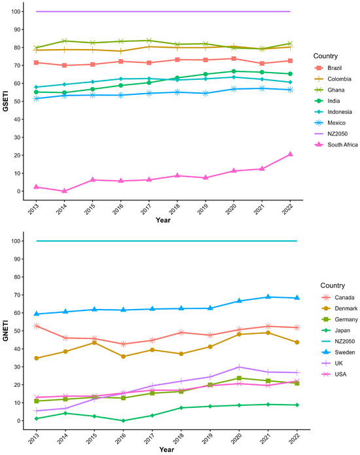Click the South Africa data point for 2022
point(290,154)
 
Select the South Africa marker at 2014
point(64,191)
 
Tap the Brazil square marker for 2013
point(36,63)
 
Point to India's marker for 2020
point(234,71)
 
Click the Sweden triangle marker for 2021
point(268,297)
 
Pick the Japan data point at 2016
point(123,420)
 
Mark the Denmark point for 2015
point(94,342)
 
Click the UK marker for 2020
point(239,367)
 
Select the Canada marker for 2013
point(36,326)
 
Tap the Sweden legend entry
point(338,352)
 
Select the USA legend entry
point(334,374)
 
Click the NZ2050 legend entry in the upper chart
point(331,134)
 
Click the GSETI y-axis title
point(5,101)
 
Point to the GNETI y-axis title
point(5,331)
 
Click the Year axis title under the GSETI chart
point(163,220)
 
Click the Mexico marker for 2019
point(206,94)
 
